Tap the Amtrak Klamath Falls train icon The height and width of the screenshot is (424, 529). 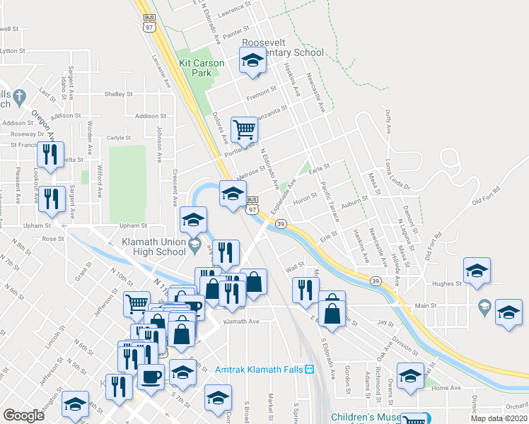[309, 370]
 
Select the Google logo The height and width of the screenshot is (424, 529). [23, 416]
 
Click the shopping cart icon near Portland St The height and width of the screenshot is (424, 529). [244, 129]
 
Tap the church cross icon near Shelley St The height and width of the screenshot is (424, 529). [20, 96]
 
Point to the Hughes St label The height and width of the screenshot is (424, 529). [448, 283]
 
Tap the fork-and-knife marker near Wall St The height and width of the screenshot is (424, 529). [305, 290]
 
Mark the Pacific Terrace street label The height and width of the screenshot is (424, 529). [329, 195]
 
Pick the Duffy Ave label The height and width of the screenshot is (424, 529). [387, 122]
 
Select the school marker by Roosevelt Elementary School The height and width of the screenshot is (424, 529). [252, 64]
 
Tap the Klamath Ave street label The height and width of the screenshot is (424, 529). [242, 322]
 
